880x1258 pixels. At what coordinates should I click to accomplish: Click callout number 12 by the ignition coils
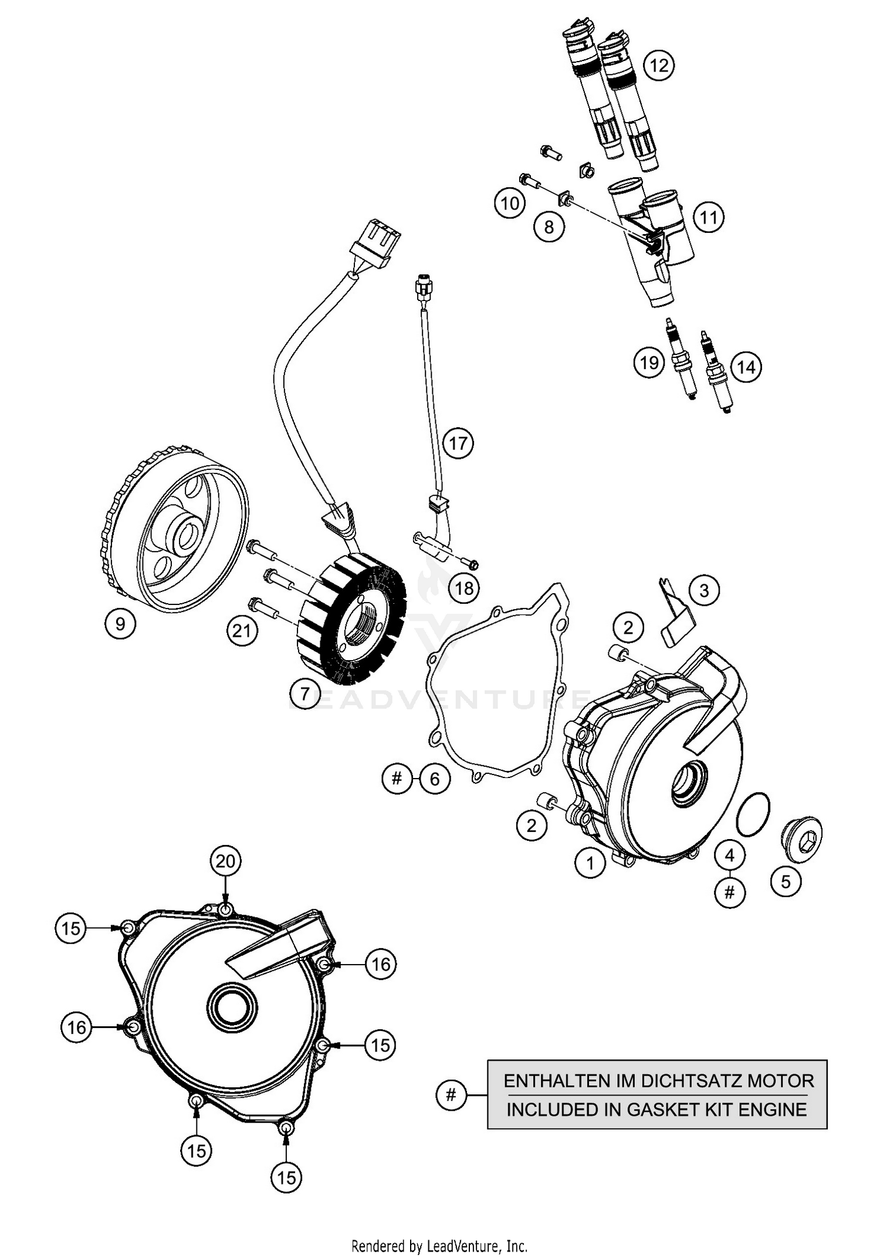point(659,65)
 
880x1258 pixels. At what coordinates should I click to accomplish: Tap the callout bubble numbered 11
point(709,218)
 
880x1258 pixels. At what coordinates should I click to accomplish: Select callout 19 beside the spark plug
point(649,363)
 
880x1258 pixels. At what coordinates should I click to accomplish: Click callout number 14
point(746,367)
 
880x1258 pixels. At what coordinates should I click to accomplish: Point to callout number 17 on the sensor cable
point(458,443)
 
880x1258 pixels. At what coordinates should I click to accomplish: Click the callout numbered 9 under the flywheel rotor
point(120,623)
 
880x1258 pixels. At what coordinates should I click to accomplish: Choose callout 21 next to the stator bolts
point(242,631)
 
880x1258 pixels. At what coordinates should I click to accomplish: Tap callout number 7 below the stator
point(304,694)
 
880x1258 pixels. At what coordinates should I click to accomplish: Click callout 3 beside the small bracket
point(704,590)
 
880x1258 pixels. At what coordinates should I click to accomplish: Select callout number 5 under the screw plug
point(786,881)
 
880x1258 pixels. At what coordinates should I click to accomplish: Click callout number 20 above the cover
point(225,861)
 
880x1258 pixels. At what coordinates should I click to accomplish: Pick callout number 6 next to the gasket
point(434,779)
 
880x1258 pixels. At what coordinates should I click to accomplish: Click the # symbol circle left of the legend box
point(451,1095)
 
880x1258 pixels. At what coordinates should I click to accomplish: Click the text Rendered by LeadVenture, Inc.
point(439,1246)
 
